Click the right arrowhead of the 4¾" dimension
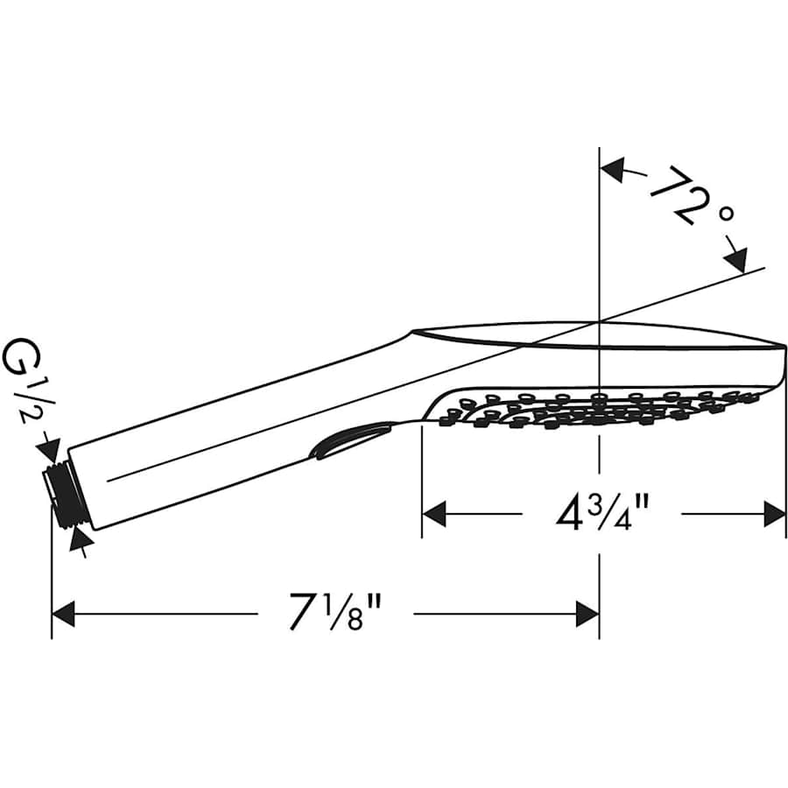point(774,514)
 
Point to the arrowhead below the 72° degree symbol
point(736,260)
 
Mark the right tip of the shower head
point(784,345)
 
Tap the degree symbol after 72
point(726,215)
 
